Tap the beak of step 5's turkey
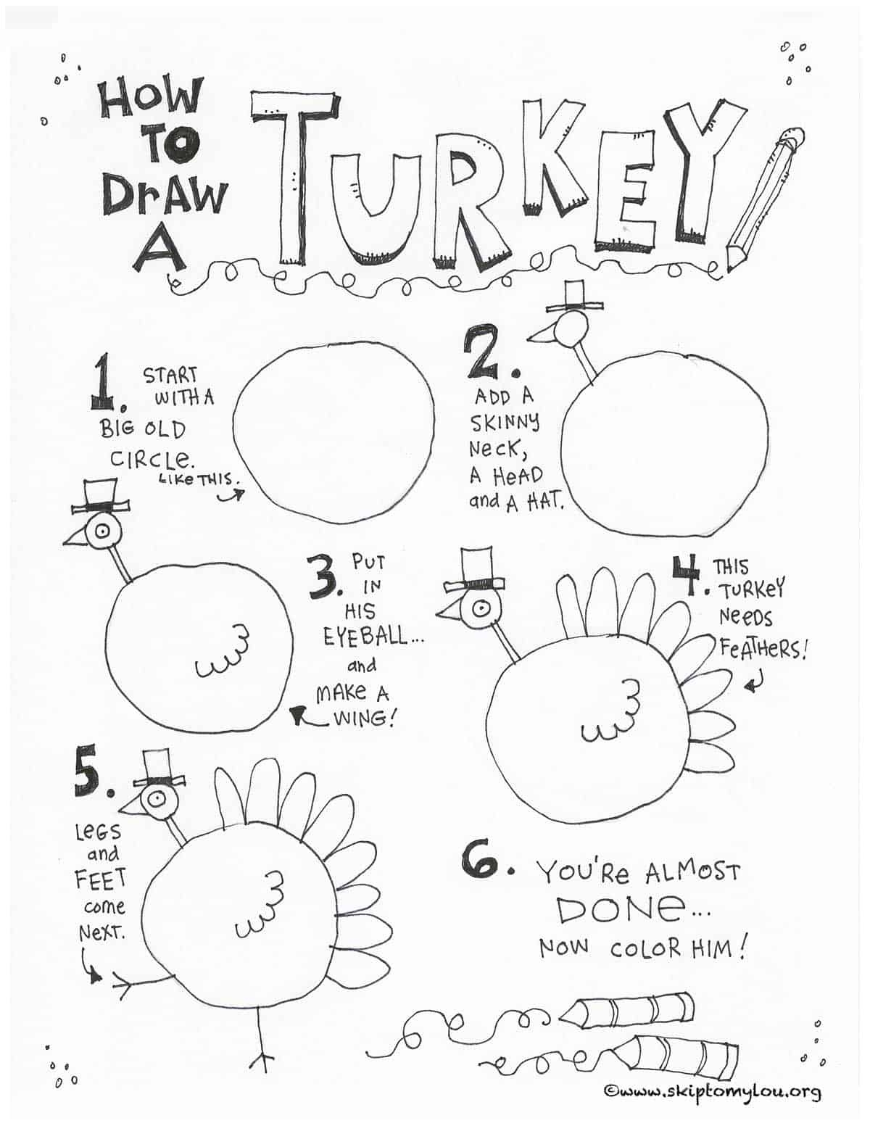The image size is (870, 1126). (x=130, y=806)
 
